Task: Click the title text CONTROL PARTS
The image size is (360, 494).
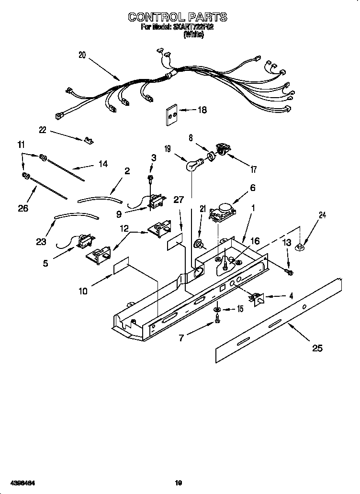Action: (177, 17)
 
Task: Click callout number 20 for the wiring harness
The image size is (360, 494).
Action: (82, 55)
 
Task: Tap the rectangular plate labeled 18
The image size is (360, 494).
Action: (171, 115)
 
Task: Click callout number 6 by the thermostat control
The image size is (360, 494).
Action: (252, 188)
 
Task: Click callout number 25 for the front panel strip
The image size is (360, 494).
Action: (317, 348)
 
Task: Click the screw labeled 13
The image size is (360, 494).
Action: (289, 272)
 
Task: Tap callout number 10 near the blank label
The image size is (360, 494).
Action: (83, 291)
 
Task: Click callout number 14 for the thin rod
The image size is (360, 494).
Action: (102, 164)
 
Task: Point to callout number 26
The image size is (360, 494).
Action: (22, 208)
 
